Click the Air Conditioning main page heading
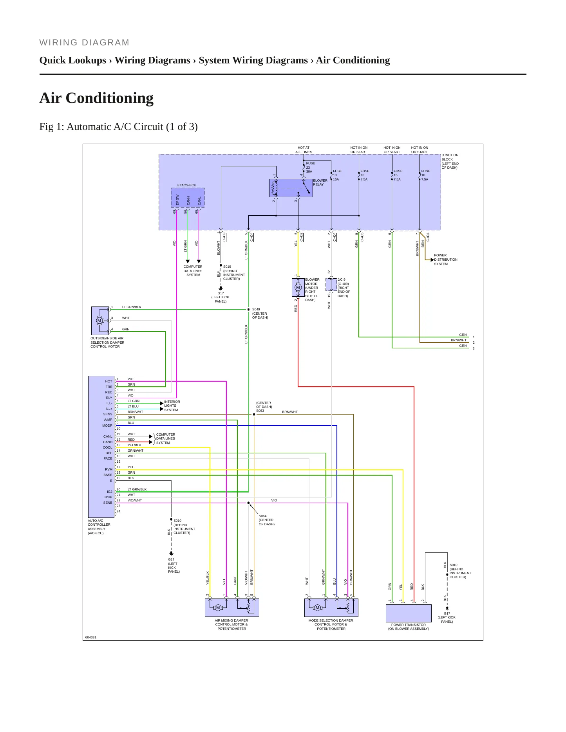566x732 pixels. point(96,98)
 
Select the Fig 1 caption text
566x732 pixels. point(118,127)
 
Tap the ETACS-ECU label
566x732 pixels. point(187,185)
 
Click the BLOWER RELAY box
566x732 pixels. point(291,188)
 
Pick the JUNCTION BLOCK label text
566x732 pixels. point(450,161)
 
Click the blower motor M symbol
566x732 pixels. point(298,288)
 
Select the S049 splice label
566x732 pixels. point(260,313)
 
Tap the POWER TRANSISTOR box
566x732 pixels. point(409,613)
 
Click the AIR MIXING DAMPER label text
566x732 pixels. point(231,624)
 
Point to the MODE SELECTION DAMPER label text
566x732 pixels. point(331,624)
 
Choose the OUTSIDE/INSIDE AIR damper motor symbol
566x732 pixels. point(99,321)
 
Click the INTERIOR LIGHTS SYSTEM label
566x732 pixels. point(172,406)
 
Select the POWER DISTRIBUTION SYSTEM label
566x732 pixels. point(445,260)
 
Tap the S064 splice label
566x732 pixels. point(266,520)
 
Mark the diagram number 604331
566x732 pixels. point(90,637)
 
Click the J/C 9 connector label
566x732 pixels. point(344,288)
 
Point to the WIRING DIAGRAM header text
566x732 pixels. point(84,43)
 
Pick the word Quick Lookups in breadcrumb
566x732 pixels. point(73,60)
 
